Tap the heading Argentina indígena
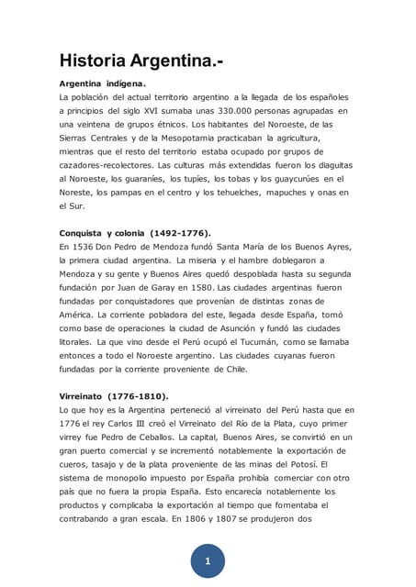[102, 83]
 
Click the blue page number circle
[208, 559]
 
